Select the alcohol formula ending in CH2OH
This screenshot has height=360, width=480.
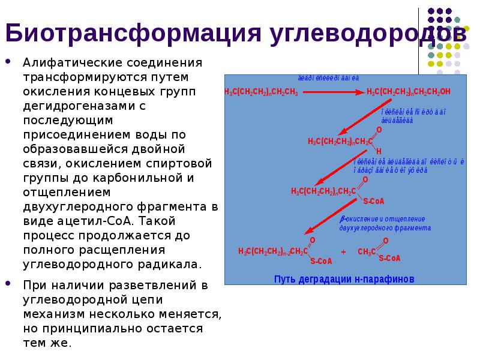pos(408,91)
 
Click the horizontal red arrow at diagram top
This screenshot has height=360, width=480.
pos(333,92)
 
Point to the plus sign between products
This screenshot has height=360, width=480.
pos(343,253)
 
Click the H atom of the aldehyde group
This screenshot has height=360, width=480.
pos(379,151)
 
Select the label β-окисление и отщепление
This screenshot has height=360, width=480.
pos(383,219)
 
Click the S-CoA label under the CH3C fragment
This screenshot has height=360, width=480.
pos(389,259)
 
